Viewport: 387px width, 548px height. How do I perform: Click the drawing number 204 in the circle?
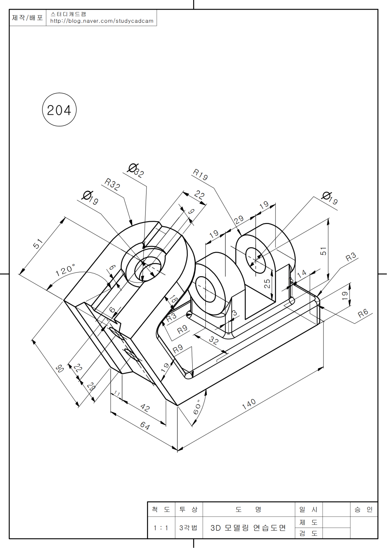click(59, 110)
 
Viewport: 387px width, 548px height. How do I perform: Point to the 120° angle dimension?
click(65, 269)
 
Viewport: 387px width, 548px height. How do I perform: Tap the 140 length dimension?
click(249, 404)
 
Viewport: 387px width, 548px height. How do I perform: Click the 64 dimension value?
click(145, 426)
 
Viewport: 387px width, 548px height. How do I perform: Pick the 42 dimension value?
click(145, 408)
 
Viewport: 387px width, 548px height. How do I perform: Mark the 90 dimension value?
click(60, 368)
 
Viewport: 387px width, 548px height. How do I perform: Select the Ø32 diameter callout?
click(135, 170)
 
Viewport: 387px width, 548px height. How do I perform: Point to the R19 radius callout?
click(200, 175)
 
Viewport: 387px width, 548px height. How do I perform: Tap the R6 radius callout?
click(363, 313)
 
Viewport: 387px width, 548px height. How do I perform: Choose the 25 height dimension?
click(267, 283)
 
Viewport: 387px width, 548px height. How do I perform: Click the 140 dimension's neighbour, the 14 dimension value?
click(302, 274)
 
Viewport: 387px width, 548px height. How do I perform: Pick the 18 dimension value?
click(174, 299)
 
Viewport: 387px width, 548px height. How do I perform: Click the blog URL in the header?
click(102, 21)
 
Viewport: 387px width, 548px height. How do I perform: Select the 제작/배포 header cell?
click(27, 18)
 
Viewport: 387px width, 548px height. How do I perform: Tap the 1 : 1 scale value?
click(161, 528)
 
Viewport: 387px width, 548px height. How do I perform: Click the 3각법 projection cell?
click(188, 528)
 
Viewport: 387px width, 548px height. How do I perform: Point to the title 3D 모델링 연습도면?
click(248, 528)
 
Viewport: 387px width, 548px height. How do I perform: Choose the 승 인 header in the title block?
click(363, 510)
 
